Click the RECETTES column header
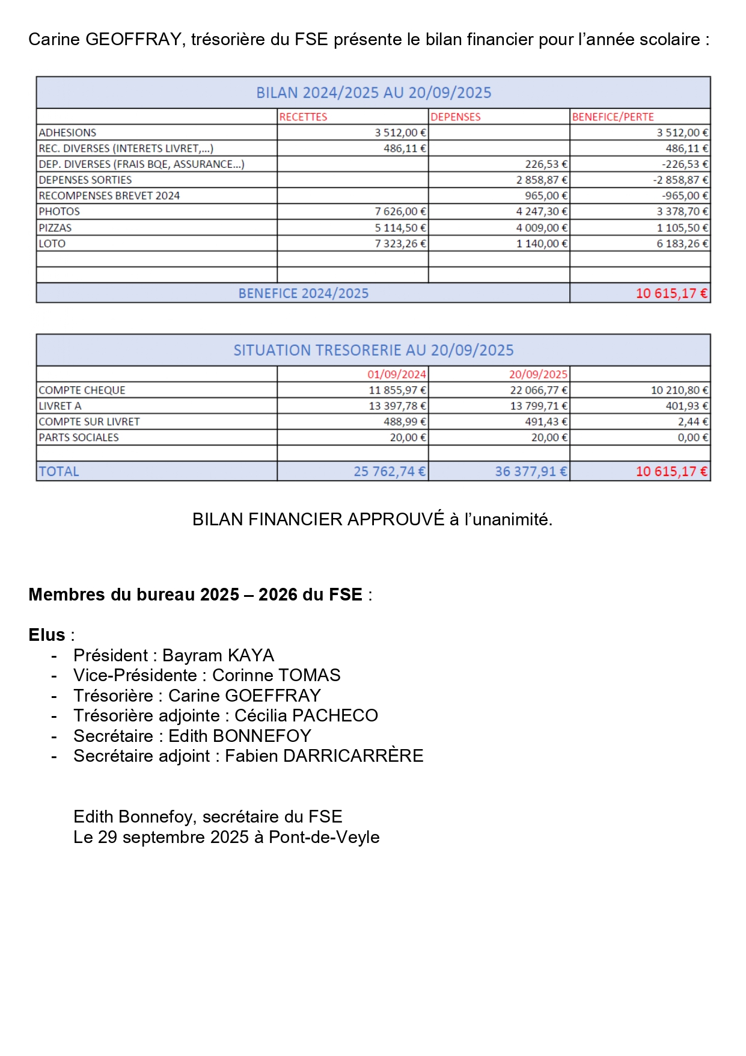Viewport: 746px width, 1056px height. click(303, 117)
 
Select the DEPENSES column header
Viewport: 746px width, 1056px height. click(456, 117)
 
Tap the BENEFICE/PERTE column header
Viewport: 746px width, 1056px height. click(613, 117)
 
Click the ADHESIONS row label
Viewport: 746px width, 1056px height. click(67, 132)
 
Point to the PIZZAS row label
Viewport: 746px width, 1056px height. click(55, 228)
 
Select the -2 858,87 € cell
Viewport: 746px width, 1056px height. click(680, 180)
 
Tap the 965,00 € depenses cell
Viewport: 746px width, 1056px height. click(546, 196)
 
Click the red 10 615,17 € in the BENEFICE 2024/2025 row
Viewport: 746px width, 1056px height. click(671, 294)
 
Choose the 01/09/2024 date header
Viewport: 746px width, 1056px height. click(397, 374)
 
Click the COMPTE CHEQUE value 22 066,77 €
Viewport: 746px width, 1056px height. click(539, 391)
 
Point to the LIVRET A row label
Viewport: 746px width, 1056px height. click(60, 406)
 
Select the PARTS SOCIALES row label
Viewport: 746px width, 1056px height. click(79, 437)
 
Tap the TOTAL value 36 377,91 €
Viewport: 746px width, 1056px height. click(531, 472)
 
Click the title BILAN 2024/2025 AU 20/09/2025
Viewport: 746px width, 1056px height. click(373, 93)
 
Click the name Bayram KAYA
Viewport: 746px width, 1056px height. click(218, 655)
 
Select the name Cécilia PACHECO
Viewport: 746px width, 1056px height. click(306, 715)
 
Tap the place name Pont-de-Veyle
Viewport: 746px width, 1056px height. click(324, 837)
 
